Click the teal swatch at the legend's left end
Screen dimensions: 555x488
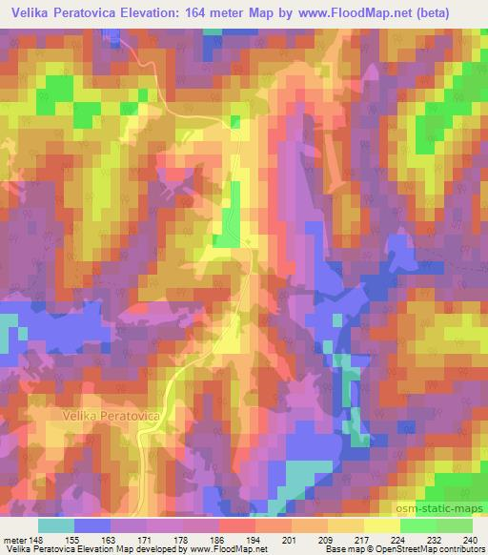tap(56, 524)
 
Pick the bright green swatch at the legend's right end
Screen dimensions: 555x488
tap(454, 524)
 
